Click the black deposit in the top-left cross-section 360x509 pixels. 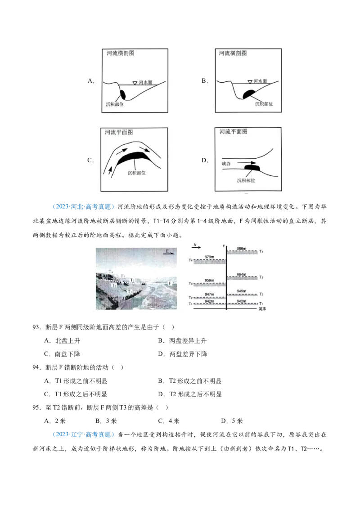(x=122, y=95)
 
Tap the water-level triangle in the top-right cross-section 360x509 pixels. (x=249, y=82)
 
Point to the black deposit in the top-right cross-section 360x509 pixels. (x=249, y=94)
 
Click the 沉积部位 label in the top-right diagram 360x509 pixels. (x=264, y=104)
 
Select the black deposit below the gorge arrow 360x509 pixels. (x=252, y=169)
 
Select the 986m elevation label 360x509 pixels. (x=242, y=248)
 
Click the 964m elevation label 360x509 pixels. (x=242, y=274)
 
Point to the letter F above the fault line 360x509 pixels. (x=224, y=246)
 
